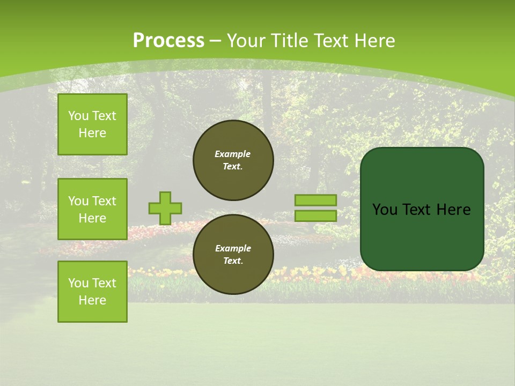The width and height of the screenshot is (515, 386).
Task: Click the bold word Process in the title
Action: click(168, 41)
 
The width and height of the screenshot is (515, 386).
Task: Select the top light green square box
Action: click(92, 124)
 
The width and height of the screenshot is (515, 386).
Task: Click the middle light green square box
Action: click(92, 209)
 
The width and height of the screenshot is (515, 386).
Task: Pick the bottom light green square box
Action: click(92, 292)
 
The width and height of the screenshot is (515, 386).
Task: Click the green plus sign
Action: click(165, 208)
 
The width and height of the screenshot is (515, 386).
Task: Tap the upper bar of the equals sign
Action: click(315, 200)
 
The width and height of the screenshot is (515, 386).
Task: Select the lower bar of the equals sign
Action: click(315, 216)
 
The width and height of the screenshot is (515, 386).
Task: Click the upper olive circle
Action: click(233, 160)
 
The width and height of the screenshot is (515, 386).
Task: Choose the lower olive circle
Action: click(233, 254)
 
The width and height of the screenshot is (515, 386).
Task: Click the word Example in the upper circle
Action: click(232, 154)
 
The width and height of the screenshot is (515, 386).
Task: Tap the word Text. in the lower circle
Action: click(233, 261)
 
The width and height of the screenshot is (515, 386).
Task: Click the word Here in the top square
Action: click(92, 133)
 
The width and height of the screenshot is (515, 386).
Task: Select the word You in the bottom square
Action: click(78, 283)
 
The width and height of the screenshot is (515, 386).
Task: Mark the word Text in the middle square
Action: click(104, 201)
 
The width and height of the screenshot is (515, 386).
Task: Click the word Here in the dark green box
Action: click(453, 210)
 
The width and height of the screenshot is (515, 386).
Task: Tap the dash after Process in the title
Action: click(215, 41)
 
